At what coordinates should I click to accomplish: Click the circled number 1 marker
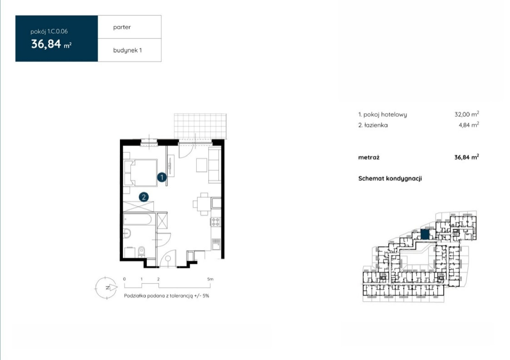(x=162, y=177)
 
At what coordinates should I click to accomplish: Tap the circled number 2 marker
(x=144, y=197)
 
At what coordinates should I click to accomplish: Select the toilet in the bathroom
(x=142, y=251)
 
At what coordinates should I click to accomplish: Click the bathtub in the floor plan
(x=137, y=219)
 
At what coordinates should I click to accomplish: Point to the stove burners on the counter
(x=215, y=222)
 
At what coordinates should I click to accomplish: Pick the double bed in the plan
(x=141, y=173)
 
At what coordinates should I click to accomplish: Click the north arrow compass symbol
(x=106, y=288)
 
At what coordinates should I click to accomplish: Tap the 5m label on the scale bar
(x=210, y=279)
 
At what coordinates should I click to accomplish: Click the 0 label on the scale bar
(x=124, y=279)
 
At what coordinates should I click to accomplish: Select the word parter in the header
(x=122, y=27)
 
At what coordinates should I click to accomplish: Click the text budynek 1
(x=127, y=50)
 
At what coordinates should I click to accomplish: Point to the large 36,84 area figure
(x=46, y=44)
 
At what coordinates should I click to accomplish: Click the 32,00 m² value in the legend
(x=467, y=114)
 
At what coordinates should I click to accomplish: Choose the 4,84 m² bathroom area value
(x=469, y=125)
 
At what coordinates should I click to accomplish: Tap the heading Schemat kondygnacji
(x=390, y=179)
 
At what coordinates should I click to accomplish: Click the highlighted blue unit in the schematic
(x=425, y=234)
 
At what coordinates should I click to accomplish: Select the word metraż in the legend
(x=369, y=157)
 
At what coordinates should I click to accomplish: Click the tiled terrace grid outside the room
(x=200, y=126)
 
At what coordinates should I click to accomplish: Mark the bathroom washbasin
(x=127, y=233)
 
